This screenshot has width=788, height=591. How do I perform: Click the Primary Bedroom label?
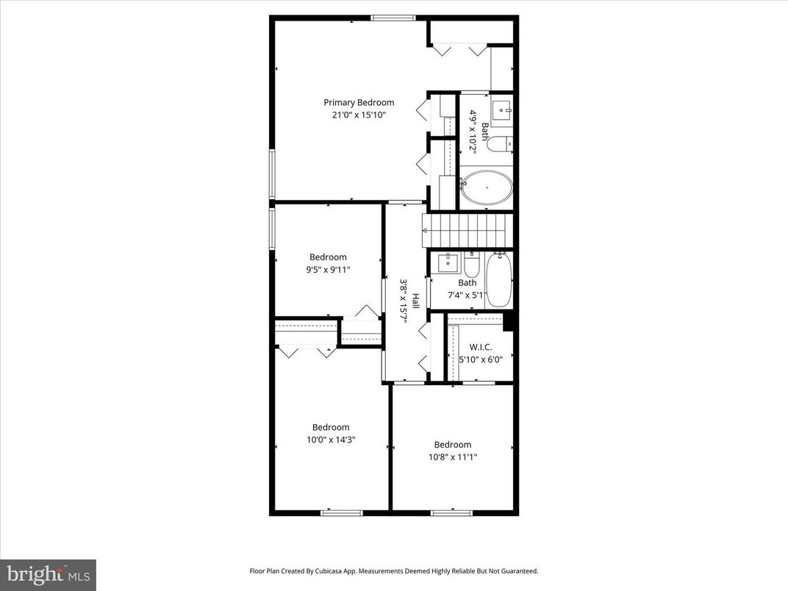coord(359,103)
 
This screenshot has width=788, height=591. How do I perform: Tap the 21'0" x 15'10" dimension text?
coord(359,115)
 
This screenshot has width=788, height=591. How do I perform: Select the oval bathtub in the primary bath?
coord(486,187)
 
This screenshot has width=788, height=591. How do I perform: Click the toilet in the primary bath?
coord(499,144)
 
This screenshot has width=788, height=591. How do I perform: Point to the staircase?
coord(466,230)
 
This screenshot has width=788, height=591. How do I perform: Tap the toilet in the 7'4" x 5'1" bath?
coord(471,265)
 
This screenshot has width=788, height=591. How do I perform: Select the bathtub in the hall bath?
coord(498,281)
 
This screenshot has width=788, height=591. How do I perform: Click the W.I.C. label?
coord(480,347)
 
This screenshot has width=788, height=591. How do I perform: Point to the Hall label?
coord(415,301)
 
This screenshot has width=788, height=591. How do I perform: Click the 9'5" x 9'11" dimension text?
coord(328,270)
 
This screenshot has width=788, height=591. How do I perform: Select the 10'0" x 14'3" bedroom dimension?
coord(331,440)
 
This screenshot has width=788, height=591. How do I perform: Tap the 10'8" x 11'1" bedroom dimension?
coord(452,456)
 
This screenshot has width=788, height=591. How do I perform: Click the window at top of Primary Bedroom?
coord(393,18)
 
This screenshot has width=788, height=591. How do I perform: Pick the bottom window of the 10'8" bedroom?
coord(451,512)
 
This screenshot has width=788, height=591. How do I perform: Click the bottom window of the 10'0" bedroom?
coord(342,512)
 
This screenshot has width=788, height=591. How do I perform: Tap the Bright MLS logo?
coord(48,574)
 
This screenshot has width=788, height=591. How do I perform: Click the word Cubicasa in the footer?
coord(343,570)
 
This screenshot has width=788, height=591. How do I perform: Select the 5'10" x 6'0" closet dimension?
coord(480,359)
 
